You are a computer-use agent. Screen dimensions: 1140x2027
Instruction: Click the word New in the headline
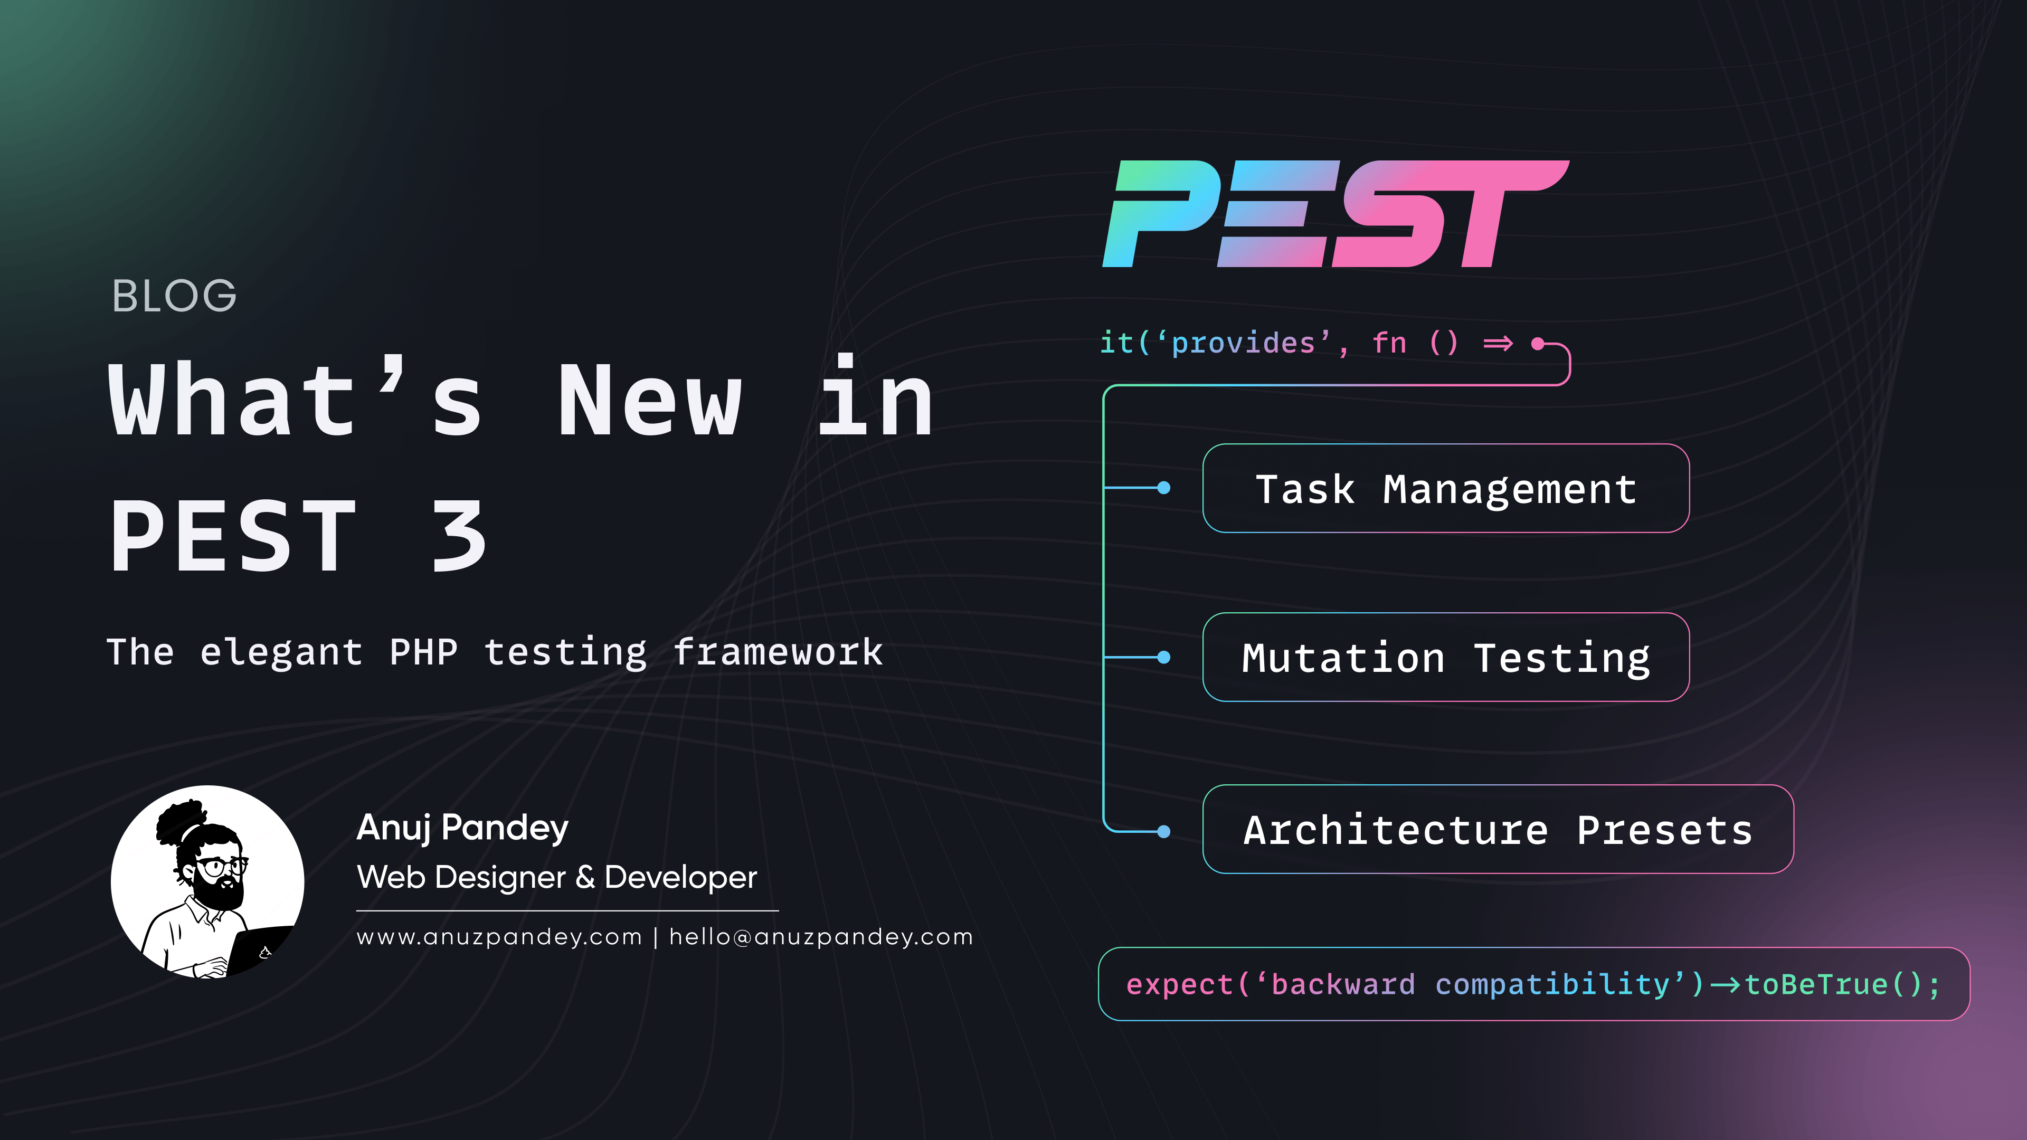pyautogui.click(x=650, y=401)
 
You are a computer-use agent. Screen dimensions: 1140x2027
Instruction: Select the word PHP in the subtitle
pyautogui.click(x=423, y=652)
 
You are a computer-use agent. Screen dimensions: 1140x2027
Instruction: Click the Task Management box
pyautogui.click(x=1445, y=489)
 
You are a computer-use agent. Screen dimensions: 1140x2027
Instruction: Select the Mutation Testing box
pyautogui.click(x=1445, y=658)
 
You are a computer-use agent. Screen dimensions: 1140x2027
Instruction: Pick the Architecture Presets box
pyautogui.click(x=1498, y=829)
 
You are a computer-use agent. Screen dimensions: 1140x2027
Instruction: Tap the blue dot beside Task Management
pyautogui.click(x=1164, y=488)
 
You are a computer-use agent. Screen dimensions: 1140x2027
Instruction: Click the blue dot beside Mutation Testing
pyautogui.click(x=1164, y=657)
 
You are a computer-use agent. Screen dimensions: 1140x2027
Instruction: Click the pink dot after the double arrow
pyautogui.click(x=1538, y=343)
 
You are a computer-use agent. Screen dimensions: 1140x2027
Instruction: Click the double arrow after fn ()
pyautogui.click(x=1498, y=344)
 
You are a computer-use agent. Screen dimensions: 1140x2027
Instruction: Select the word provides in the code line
pyautogui.click(x=1243, y=344)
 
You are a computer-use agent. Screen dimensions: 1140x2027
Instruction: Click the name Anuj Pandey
pyautogui.click(x=463, y=828)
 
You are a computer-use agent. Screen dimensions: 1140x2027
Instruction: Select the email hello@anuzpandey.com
pyautogui.click(x=821, y=937)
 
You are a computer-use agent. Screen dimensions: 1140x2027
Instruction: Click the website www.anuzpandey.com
pyautogui.click(x=500, y=937)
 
